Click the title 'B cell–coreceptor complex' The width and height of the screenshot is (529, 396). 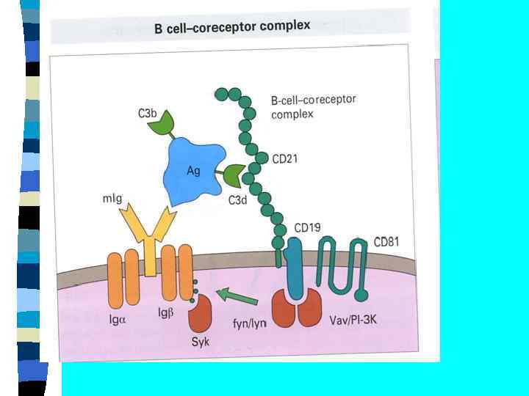coord(231,27)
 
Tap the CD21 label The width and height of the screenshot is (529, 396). coord(285,158)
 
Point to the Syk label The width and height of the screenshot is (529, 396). coord(199,342)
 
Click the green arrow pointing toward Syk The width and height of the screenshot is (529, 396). coord(237,298)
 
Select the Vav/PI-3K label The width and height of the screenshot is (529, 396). coord(349,320)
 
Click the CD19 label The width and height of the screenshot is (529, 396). coord(307,227)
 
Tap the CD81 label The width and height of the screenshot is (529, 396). coord(388,241)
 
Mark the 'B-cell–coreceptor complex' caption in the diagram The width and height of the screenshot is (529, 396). coord(312,107)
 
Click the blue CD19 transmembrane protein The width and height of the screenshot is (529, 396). coord(296,268)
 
